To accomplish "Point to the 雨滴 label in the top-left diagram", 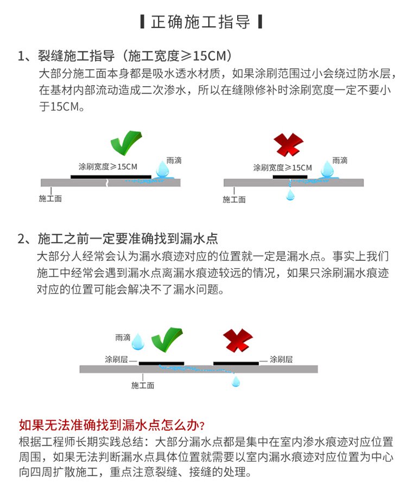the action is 174,161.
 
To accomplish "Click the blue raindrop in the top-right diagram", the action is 327,169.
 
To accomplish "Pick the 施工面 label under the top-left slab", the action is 50,199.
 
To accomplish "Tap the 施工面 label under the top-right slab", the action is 234,200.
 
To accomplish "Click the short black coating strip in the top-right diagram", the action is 286,176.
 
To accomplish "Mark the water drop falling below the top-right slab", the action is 291,195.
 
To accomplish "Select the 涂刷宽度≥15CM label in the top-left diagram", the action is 108,167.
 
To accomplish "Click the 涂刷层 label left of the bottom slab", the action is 116,359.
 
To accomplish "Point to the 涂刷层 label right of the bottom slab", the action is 281,359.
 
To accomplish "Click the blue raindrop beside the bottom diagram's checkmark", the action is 139,341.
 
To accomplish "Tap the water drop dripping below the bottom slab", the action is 236,381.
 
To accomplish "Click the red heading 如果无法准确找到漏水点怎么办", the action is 112,424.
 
